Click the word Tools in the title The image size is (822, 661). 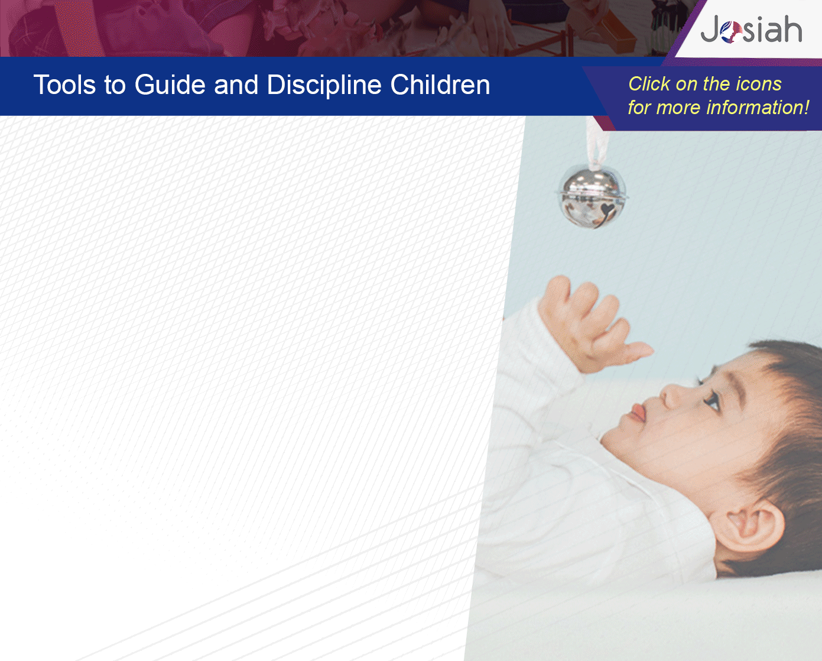pos(64,85)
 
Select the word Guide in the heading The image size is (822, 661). pos(170,85)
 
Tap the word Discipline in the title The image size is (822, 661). pos(324,86)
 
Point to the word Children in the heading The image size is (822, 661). pos(440,85)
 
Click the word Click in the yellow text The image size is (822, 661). pos(649,84)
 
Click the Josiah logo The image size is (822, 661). pos(751,30)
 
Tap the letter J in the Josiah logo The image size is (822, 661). pos(710,29)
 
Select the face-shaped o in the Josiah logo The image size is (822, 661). pos(731,32)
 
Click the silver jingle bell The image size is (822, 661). pos(592,198)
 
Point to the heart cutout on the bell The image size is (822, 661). pos(606,210)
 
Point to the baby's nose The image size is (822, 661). pos(674,396)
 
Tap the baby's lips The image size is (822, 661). pos(638,413)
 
